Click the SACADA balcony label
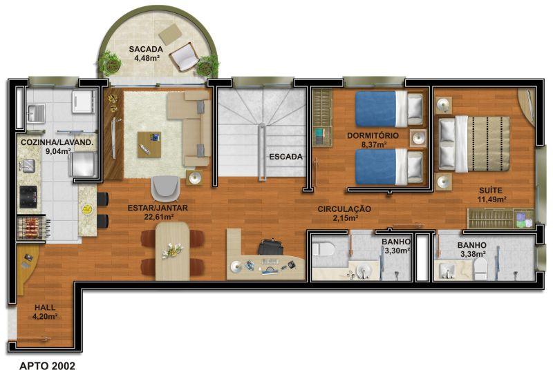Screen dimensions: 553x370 [x=146, y=49]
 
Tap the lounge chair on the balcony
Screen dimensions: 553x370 [x=185, y=57]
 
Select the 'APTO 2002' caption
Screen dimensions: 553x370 [x=47, y=366]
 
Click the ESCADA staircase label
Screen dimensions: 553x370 [x=285, y=157]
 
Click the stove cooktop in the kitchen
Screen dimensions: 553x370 [x=28, y=197]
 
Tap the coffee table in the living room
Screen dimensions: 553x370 [x=149, y=144]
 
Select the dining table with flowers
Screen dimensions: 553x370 [x=172, y=251]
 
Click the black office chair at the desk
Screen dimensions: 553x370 [x=270, y=247]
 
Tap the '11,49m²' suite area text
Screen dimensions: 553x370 [x=492, y=199]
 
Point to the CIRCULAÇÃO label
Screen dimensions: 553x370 [x=344, y=209]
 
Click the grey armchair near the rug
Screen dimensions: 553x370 [x=165, y=188]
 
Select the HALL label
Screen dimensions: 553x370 [x=45, y=307]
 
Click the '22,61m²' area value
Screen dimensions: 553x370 [x=159, y=217]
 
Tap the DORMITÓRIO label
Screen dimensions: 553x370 [x=373, y=135]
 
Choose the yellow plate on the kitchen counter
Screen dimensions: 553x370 [x=86, y=209]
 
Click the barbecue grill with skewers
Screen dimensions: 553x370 [x=32, y=227]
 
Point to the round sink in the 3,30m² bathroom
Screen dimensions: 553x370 [x=364, y=271]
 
